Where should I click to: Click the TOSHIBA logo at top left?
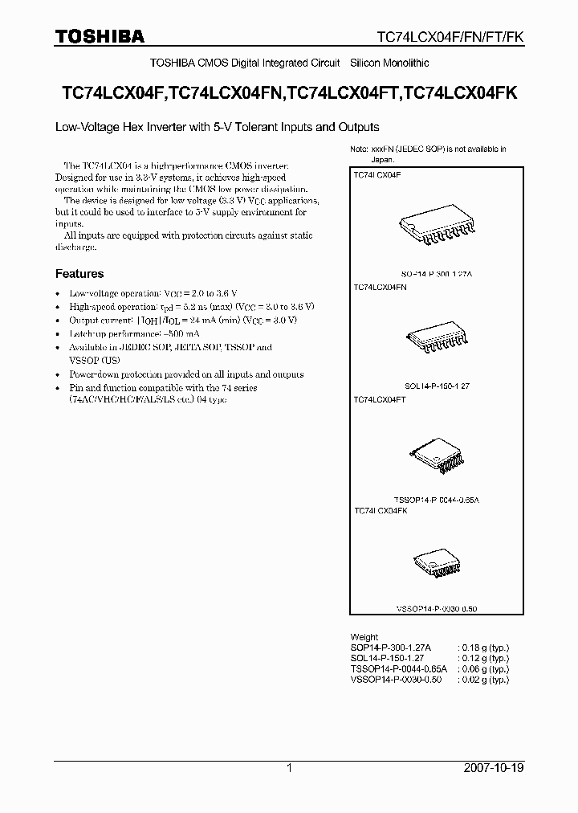tap(100, 36)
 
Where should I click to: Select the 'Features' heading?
tap(79, 273)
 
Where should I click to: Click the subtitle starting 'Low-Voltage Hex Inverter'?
tap(217, 127)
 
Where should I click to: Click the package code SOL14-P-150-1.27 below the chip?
tap(437, 386)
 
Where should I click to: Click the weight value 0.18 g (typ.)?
tap(483, 648)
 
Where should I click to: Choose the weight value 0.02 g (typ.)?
tap(483, 680)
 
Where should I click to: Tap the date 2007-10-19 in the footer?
tap(494, 768)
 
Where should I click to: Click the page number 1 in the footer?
tap(289, 768)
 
